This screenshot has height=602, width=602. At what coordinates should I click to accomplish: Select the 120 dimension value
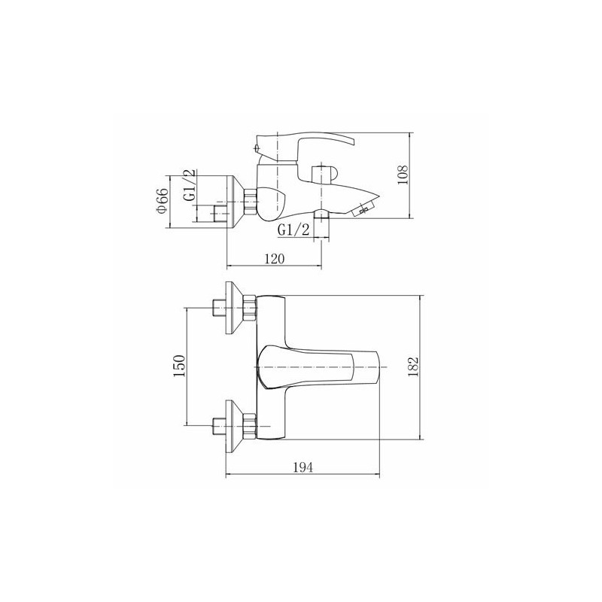coord(275,259)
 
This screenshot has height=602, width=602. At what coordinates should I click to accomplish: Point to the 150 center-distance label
coord(179,366)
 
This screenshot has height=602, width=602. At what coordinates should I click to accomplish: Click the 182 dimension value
coord(413,366)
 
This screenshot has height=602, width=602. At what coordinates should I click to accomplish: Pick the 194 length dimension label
coord(303,467)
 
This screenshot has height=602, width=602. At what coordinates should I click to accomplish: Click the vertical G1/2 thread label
coord(190,184)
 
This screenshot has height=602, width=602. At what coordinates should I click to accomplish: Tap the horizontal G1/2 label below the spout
coord(293,230)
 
